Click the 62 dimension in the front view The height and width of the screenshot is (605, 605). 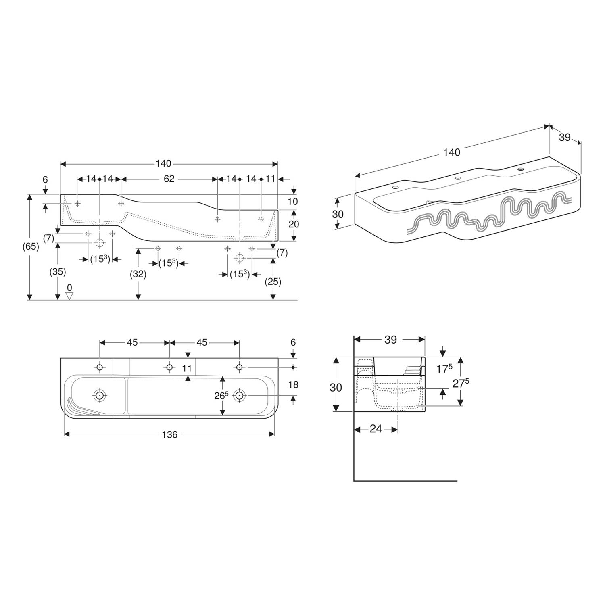[x=169, y=179]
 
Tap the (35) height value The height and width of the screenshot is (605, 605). [x=58, y=272]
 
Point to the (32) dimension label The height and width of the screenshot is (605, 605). [x=138, y=274]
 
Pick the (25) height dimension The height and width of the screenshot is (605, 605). [x=273, y=282]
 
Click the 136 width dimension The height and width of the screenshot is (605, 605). [x=169, y=434]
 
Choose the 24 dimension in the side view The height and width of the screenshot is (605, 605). [x=376, y=429]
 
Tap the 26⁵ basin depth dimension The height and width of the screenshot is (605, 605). [x=221, y=396]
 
